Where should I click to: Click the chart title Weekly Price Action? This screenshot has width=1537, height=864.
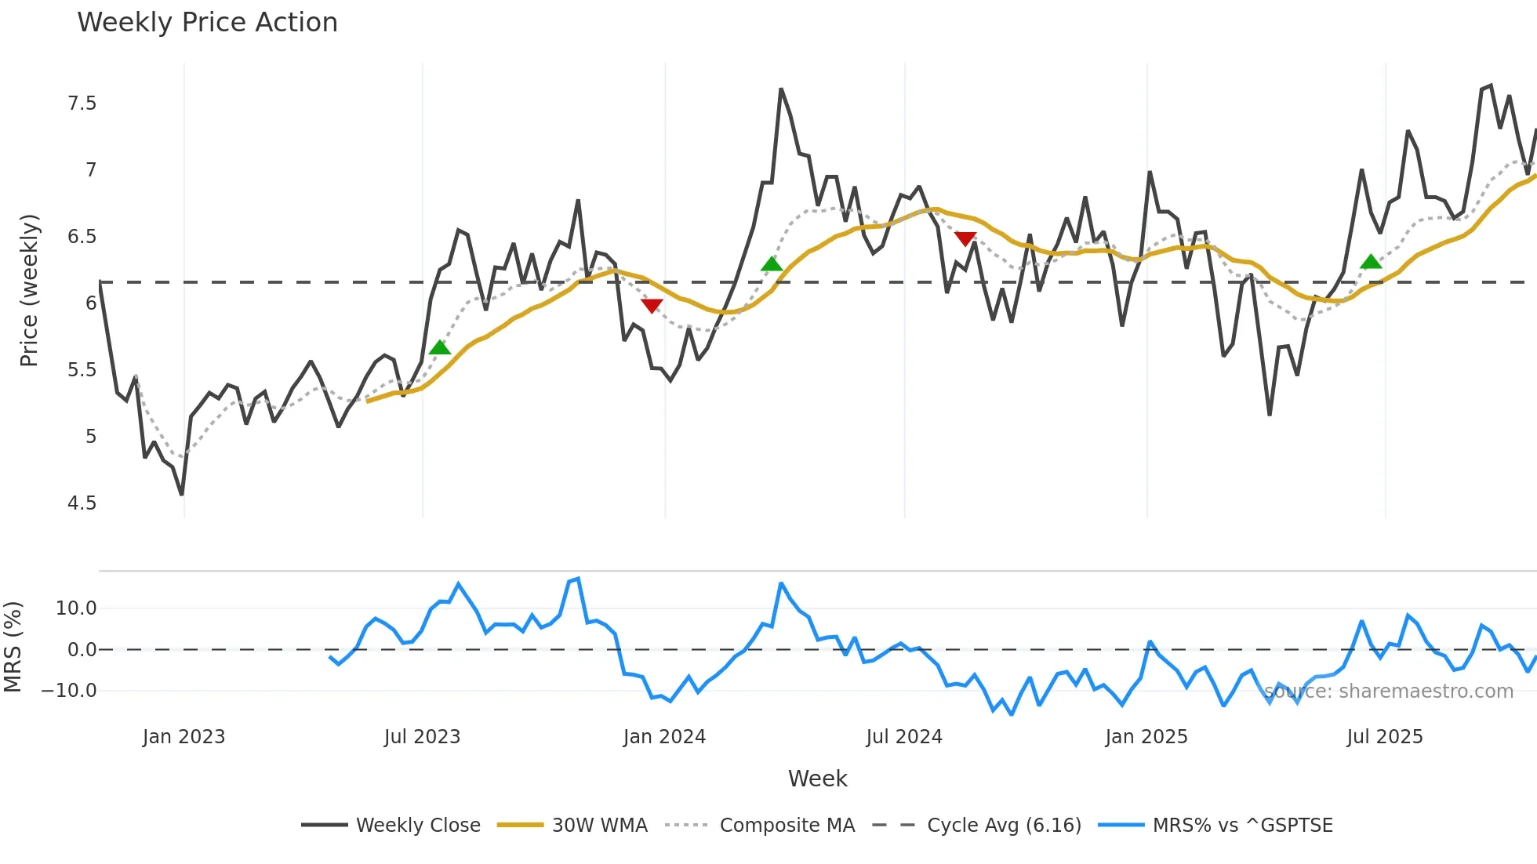(x=207, y=23)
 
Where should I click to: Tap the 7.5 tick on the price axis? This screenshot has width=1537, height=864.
(x=82, y=103)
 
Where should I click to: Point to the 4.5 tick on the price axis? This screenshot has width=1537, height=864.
(x=82, y=503)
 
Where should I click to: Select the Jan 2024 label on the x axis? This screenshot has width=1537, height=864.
(x=664, y=737)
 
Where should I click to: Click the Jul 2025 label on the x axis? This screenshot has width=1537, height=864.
(x=1384, y=737)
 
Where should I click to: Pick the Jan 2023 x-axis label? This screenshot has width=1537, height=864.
(x=183, y=737)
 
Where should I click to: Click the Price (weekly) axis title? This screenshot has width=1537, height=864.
(x=29, y=290)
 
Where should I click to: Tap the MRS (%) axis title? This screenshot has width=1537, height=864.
(x=13, y=647)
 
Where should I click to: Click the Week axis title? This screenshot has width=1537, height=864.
(x=817, y=779)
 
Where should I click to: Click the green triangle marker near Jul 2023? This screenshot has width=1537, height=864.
(x=440, y=347)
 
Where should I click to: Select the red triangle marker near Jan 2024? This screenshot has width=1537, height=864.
(x=652, y=305)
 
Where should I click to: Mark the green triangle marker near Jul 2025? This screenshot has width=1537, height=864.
(x=1371, y=262)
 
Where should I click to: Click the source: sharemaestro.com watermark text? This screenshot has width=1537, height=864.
(x=1389, y=692)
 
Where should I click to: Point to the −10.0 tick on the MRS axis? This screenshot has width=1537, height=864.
(x=69, y=691)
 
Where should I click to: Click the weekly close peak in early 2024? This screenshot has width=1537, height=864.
(x=781, y=89)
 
